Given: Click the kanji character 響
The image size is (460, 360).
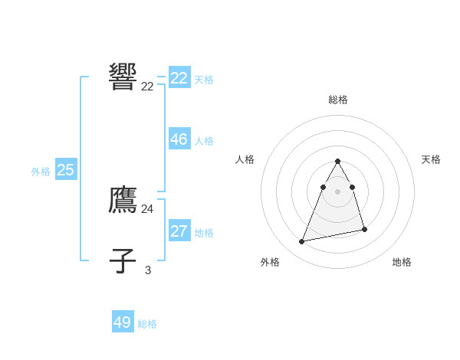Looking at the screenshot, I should click(x=123, y=77).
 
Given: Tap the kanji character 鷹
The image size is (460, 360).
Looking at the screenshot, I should click(x=123, y=200).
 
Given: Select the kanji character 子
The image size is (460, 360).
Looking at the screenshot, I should click(x=123, y=260).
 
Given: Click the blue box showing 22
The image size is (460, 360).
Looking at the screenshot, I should click(x=179, y=78).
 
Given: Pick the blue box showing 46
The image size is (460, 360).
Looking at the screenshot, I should click(x=179, y=139).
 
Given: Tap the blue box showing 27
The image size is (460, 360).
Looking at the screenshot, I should click(x=179, y=231).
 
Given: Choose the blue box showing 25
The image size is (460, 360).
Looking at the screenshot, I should click(x=66, y=170).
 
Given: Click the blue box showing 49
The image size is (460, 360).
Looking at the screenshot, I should click(x=123, y=322).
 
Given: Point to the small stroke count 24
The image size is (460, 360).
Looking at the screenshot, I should click(x=147, y=208).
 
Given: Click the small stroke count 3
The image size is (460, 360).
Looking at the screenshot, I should click(x=148, y=270).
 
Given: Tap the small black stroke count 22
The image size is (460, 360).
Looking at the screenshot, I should click(x=147, y=87).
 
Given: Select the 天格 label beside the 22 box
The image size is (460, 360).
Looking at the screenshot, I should click(x=204, y=79).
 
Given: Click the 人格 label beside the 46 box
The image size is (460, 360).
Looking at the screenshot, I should click(x=204, y=141).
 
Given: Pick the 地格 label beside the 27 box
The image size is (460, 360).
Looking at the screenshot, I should click(x=204, y=233).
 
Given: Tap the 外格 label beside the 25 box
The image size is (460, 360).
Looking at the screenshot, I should click(x=41, y=172).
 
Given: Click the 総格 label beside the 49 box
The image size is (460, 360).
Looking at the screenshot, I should click(x=147, y=324).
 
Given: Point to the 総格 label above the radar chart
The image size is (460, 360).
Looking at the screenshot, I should click(x=338, y=100).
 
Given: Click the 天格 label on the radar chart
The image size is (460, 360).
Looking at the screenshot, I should click(x=432, y=159).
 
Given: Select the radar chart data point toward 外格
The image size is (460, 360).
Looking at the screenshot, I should click(x=302, y=242).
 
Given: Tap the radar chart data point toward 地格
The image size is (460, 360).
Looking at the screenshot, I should click(x=364, y=229).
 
